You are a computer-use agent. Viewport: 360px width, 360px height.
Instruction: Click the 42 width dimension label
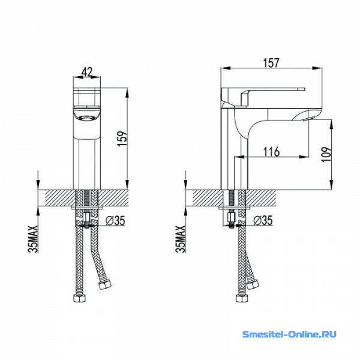pos(87,72)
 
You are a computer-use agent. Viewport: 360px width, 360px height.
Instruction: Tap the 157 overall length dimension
pos(271,63)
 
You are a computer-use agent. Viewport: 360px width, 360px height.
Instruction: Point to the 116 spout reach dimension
pos(271,152)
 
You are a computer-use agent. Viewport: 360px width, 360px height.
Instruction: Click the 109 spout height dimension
pos(326,154)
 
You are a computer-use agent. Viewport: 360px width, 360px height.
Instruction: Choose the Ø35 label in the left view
pos(115,221)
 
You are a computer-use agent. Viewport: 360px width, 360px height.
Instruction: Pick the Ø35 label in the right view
pos(263,220)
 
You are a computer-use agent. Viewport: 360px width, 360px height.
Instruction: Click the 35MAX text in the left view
pos(33,239)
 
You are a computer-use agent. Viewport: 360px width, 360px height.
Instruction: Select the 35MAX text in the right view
pos(181,239)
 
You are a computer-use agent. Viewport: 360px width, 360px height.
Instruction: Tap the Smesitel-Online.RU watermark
pos(289,334)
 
